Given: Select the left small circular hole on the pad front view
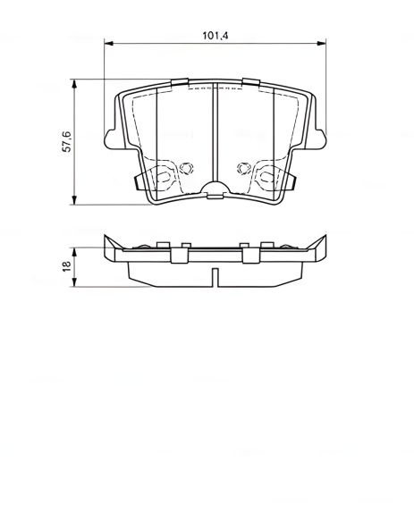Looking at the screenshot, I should pyautogui.click(x=186, y=166).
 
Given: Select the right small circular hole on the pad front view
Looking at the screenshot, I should pyautogui.click(x=242, y=166).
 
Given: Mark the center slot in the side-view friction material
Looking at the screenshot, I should pyautogui.click(x=215, y=276).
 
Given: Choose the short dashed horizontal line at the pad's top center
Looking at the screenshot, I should pyautogui.click(x=215, y=90).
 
